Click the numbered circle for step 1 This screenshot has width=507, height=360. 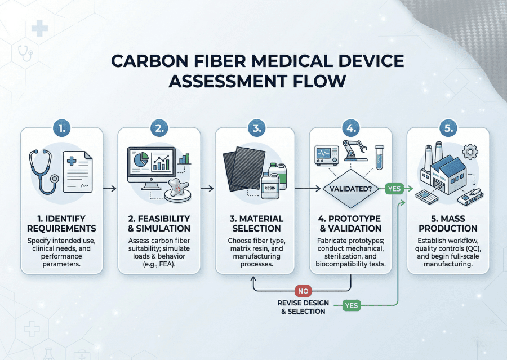(x=62, y=128)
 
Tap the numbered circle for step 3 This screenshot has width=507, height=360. (x=256, y=128)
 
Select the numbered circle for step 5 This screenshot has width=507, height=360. (x=448, y=128)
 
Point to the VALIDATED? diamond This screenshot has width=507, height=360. (x=351, y=189)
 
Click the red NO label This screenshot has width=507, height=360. (x=303, y=291)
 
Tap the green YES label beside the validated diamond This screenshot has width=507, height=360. (x=394, y=189)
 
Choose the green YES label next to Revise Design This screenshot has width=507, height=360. (x=351, y=305)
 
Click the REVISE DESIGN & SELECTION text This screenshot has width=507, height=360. (x=303, y=306)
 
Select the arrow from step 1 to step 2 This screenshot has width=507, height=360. (x=110, y=189)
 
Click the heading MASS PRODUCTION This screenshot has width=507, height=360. (x=448, y=223)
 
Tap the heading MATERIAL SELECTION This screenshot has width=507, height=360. (x=256, y=223)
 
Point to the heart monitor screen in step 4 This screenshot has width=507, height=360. (x=326, y=153)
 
